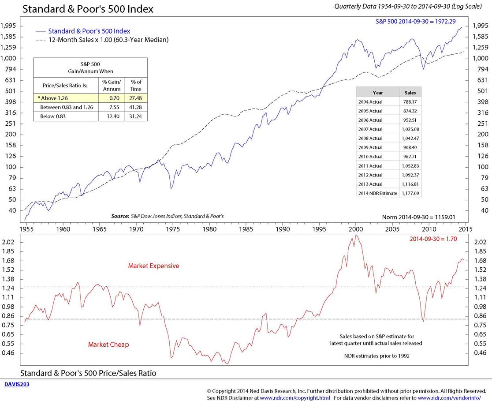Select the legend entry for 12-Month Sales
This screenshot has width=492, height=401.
click(x=108, y=40)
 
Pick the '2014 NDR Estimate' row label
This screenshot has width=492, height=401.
click(x=378, y=193)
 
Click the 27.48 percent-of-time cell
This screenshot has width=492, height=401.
click(x=136, y=98)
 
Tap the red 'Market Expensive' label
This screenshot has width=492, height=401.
click(x=153, y=266)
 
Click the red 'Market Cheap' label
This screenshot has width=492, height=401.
click(x=108, y=344)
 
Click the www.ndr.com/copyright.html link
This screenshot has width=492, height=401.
click(x=294, y=397)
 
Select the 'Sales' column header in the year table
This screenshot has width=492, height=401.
click(x=410, y=93)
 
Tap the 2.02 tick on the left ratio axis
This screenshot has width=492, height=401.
click(x=11, y=242)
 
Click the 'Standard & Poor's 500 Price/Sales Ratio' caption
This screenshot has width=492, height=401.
click(x=88, y=373)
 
